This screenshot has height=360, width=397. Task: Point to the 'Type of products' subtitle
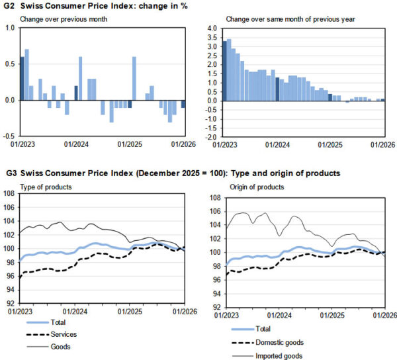click(46, 187)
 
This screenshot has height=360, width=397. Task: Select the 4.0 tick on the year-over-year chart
click(212, 28)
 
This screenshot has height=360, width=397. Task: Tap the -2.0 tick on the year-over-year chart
click(210, 137)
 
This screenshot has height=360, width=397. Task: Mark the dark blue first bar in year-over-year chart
click(224, 71)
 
